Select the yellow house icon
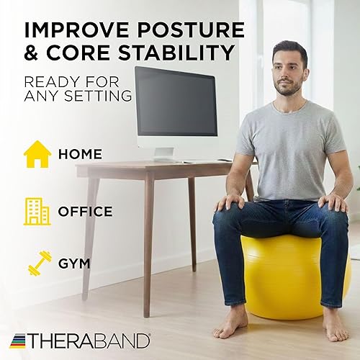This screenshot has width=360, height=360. point(37,154)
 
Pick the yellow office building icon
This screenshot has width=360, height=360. point(37,211)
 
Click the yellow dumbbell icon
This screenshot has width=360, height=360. point(39,263)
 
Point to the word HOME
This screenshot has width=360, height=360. point(80,155)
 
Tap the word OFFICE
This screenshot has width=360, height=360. point(85,212)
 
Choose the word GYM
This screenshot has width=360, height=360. point(75,264)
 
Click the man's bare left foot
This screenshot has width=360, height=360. point(335,325)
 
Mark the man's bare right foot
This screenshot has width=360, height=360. point(233,324)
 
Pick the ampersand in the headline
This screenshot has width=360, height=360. point(34,54)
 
